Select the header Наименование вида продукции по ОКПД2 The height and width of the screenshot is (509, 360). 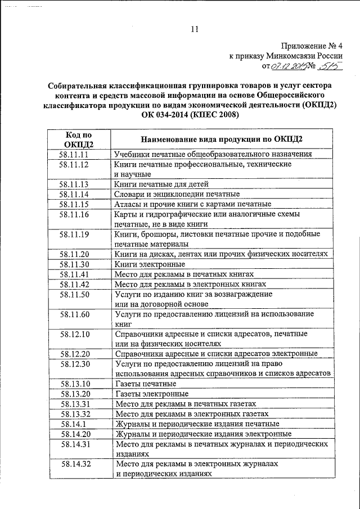[x=222, y=139]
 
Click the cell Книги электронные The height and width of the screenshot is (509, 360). [x=150, y=264]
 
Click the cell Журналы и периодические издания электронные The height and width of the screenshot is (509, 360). [x=203, y=434]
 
